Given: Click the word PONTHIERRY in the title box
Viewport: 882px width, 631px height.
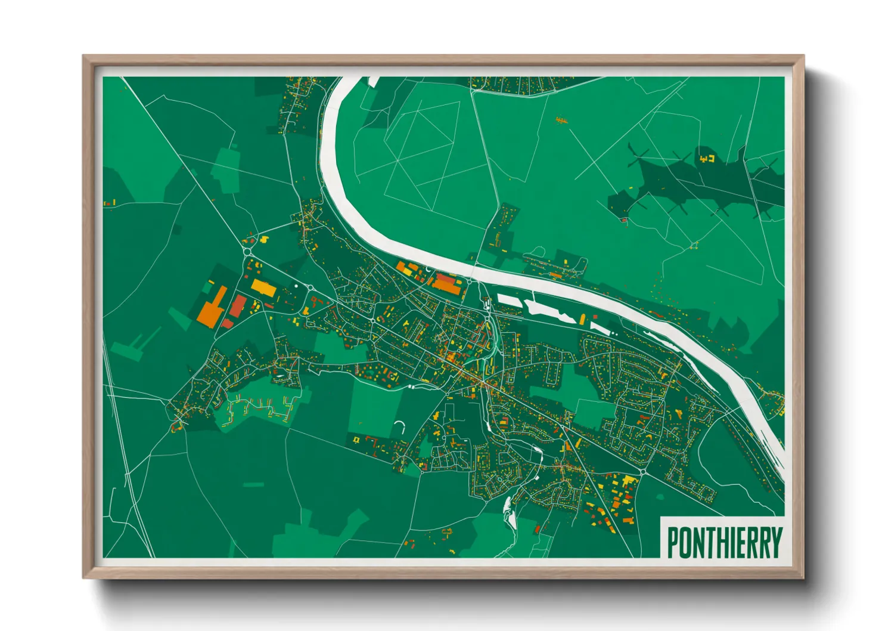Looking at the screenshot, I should [724, 542].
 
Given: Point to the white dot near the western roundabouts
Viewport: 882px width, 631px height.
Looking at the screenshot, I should [296, 286].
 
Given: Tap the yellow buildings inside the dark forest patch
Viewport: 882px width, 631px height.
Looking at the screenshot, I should [707, 159].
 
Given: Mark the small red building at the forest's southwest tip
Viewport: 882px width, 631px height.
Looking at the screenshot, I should [624, 220].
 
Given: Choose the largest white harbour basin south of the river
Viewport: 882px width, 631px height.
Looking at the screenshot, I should [548, 310].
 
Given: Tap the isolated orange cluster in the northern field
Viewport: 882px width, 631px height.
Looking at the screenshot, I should [560, 120].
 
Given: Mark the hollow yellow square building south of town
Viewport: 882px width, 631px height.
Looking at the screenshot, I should [356, 440].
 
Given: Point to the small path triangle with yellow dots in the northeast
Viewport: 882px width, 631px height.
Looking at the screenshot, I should [694, 245].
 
